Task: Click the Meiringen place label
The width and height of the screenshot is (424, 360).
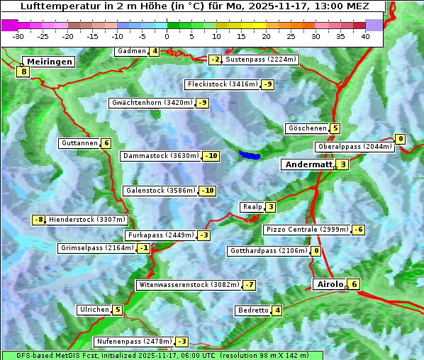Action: [x=48, y=62]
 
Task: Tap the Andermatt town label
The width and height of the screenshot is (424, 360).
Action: [x=308, y=164]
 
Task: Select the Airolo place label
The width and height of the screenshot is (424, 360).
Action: [x=330, y=284]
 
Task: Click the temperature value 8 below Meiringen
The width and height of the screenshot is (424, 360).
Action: [x=23, y=72]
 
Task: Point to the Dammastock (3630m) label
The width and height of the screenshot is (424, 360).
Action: [x=160, y=156]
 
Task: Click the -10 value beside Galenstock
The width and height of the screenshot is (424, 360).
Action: [x=207, y=191]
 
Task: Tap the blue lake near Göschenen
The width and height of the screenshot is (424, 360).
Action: [x=249, y=154]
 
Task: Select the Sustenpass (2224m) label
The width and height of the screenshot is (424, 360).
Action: [x=260, y=60]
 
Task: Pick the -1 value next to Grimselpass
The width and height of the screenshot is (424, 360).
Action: [x=143, y=248]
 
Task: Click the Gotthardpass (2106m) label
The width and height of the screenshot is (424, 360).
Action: [x=267, y=251]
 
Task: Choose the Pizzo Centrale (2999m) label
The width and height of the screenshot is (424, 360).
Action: [x=307, y=230]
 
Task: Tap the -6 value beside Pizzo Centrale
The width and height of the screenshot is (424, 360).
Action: [x=359, y=230]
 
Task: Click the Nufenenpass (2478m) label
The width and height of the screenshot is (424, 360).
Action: [x=133, y=341]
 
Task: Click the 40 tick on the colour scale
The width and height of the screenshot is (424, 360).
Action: [x=365, y=36]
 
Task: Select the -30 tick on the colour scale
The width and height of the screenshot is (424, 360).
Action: [x=18, y=36]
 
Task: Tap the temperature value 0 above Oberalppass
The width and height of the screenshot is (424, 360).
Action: [x=401, y=139]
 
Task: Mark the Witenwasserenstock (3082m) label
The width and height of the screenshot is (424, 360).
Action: [x=188, y=285]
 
